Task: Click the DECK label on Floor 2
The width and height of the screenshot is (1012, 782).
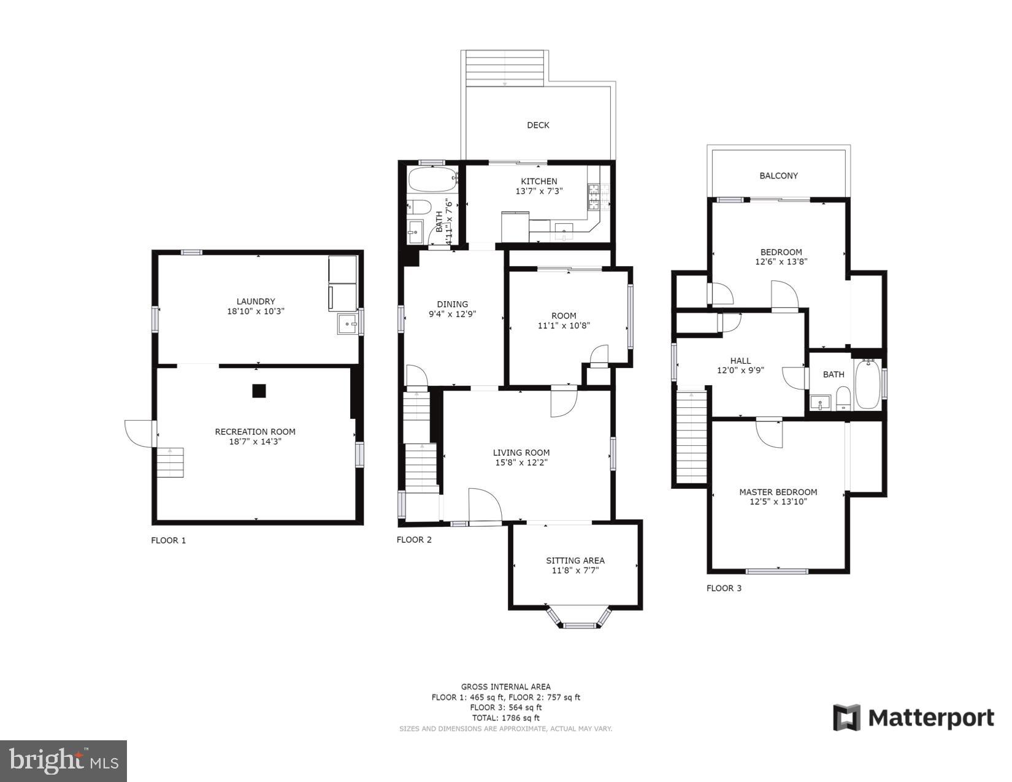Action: click(538, 125)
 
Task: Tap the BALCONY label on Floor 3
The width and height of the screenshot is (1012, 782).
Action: click(778, 175)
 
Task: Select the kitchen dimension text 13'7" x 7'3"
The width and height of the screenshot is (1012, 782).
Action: click(539, 191)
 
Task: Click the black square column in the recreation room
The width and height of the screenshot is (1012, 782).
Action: click(259, 391)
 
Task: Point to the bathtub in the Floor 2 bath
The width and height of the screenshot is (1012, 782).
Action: click(432, 180)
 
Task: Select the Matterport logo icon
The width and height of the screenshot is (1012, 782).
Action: click(846, 717)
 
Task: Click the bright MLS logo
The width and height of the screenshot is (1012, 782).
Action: click(63, 761)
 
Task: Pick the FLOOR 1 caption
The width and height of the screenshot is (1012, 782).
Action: click(168, 540)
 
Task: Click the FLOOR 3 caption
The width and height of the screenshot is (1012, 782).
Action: click(724, 588)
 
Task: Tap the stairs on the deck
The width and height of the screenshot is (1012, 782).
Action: click(505, 68)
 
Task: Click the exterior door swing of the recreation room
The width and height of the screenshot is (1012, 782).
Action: click(139, 433)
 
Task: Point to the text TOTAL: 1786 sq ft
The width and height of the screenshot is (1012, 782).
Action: click(505, 718)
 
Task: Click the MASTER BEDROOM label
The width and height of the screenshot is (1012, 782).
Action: click(778, 492)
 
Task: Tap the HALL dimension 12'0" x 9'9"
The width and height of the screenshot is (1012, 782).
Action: click(740, 370)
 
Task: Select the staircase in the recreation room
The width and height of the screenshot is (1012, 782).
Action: click(170, 462)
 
